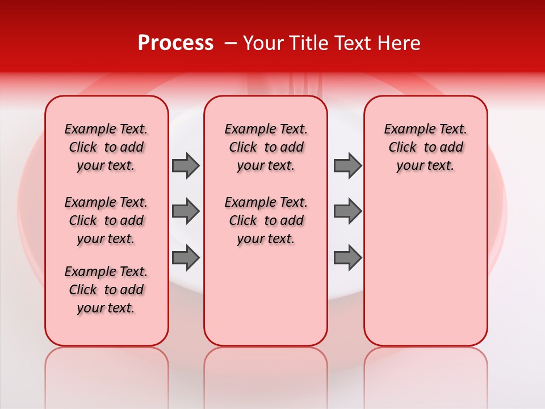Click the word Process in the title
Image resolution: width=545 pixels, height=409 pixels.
tap(175, 43)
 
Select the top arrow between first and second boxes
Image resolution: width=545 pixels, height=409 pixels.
tap(185, 166)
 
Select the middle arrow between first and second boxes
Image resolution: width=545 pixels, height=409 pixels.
tap(185, 211)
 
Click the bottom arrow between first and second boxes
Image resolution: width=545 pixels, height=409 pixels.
tap(185, 257)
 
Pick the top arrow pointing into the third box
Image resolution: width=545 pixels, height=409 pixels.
tap(347, 166)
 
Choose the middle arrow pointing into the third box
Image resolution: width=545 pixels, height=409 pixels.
tap(347, 211)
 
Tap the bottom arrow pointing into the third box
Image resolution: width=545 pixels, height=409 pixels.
tap(347, 257)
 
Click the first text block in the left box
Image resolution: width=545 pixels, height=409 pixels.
tap(106, 147)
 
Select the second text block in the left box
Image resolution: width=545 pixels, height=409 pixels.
tap(106, 220)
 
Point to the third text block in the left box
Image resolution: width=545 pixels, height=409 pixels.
tap(106, 290)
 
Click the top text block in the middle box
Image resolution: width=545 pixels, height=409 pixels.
tap(266, 147)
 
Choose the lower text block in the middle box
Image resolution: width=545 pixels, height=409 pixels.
tap(266, 220)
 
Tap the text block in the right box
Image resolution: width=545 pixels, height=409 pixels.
tap(425, 147)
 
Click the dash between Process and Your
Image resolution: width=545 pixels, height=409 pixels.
tap(230, 43)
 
